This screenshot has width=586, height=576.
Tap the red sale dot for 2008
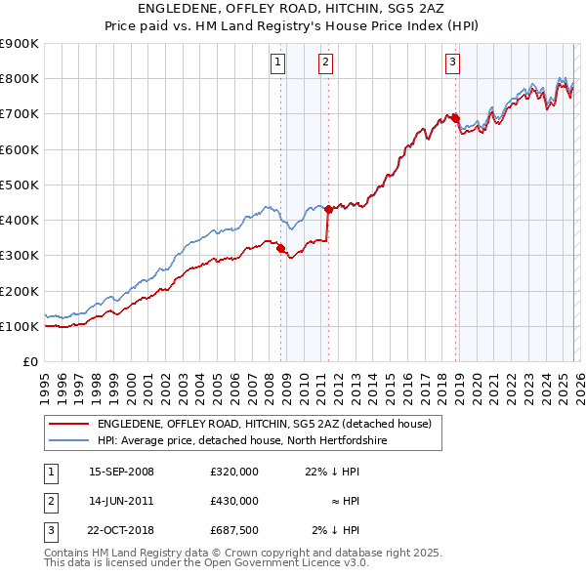click(281, 249)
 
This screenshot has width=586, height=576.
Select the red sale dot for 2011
click(328, 209)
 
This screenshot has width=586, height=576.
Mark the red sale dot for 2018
click(455, 118)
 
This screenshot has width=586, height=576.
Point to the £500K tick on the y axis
click(20, 185)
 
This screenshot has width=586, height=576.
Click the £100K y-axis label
click(20, 326)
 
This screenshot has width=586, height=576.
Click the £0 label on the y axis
click(29, 362)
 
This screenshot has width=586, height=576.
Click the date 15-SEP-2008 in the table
click(121, 472)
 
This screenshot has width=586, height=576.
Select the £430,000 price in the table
click(233, 501)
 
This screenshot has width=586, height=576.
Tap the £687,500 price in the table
click(233, 530)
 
